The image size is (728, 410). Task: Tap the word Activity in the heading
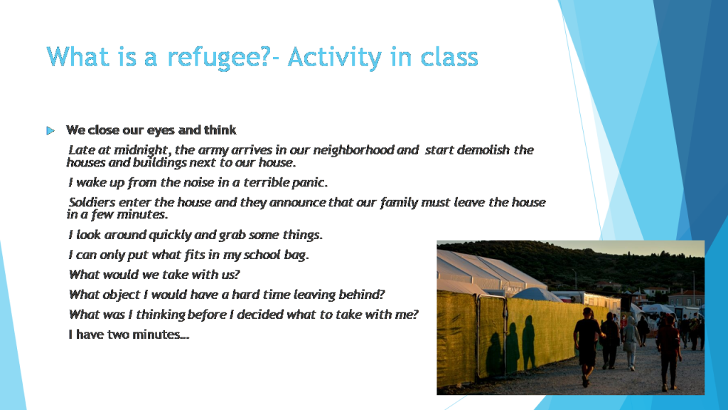[334, 58]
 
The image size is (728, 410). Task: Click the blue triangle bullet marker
[50, 131]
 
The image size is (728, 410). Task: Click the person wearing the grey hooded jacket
[631, 343]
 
